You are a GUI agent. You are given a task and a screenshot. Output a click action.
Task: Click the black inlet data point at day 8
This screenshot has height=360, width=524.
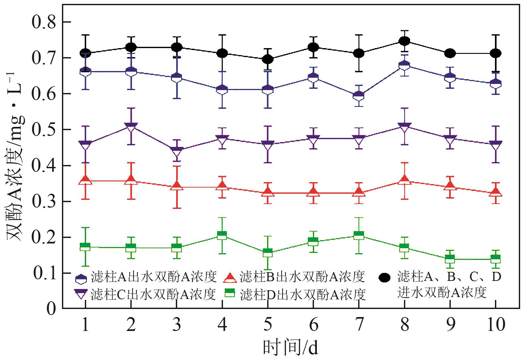404,41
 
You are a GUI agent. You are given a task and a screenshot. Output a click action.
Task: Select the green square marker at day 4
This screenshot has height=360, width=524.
222,235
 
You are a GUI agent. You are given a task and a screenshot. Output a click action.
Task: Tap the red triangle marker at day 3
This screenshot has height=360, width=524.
176,186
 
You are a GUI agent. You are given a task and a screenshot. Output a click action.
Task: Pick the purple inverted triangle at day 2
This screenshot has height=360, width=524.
131,127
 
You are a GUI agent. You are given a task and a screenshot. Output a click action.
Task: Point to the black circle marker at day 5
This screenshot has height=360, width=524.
267,59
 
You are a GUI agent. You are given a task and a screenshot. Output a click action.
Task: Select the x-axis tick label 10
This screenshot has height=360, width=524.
495,325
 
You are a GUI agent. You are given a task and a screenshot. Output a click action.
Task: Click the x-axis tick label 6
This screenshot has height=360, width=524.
313,325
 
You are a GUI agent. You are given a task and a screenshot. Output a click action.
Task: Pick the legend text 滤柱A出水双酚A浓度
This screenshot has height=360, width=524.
153,277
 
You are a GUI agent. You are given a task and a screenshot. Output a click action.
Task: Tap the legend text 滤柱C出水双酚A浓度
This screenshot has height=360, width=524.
153,294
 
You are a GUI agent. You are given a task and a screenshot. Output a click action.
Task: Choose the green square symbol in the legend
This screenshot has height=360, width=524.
230,293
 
